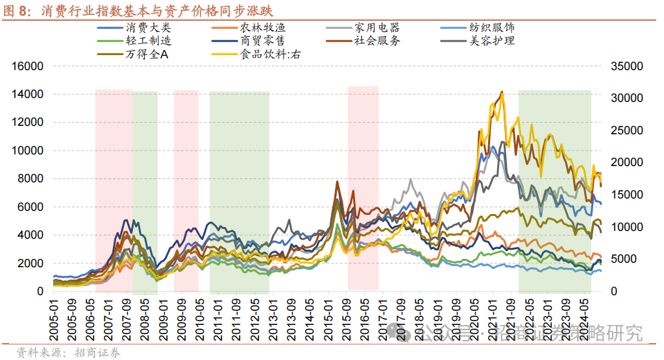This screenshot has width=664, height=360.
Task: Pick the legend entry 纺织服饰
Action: coord(491,28)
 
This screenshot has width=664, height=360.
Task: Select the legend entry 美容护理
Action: coord(491,41)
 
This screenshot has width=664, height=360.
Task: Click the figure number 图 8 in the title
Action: coord(18,11)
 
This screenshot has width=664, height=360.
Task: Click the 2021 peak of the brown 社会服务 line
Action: coord(501,93)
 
